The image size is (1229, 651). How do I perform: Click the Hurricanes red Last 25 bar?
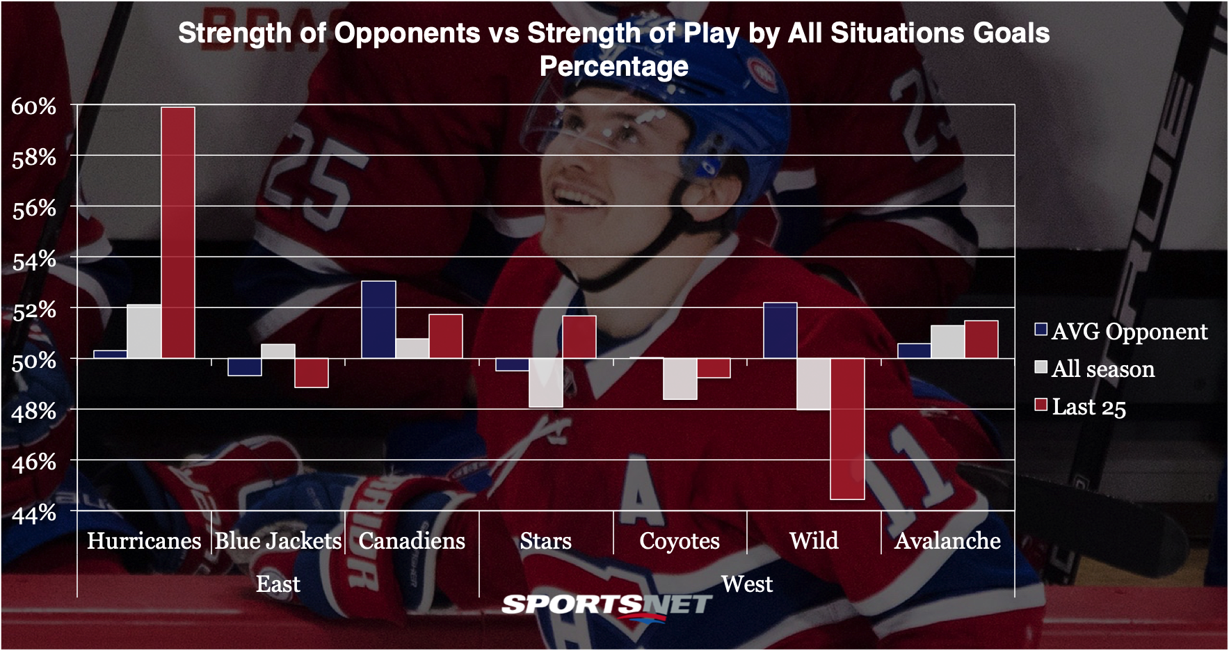(178, 232)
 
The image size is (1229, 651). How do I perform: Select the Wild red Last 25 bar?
(847, 428)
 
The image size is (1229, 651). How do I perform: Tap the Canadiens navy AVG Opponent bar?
(379, 320)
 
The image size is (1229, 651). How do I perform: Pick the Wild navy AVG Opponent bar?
(780, 330)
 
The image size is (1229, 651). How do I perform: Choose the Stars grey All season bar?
(546, 383)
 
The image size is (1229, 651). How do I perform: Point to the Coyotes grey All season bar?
(680, 379)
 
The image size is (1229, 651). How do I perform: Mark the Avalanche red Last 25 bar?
(981, 339)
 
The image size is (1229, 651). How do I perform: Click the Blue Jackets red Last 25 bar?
(312, 373)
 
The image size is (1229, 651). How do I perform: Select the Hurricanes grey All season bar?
(144, 332)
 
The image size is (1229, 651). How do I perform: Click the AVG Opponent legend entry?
(1121, 332)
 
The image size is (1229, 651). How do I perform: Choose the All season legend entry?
(1095, 369)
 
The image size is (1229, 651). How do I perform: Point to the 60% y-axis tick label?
(33, 106)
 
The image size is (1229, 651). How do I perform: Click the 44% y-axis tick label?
(33, 513)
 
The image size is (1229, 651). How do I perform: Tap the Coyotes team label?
(680, 541)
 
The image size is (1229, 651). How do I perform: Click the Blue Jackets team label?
(278, 541)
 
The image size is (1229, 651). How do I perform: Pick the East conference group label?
(278, 584)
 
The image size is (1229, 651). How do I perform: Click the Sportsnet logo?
(607, 605)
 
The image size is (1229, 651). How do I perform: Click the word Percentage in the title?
(614, 67)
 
